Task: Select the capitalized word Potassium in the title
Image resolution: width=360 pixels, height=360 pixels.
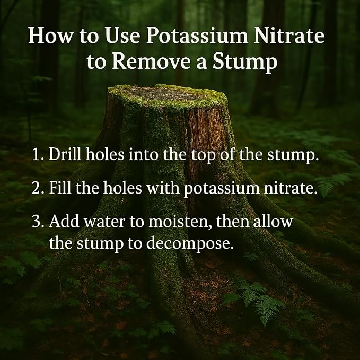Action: [197, 36]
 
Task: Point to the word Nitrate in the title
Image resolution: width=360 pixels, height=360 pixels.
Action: [289, 36]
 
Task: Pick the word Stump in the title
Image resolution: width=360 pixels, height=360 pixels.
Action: [245, 63]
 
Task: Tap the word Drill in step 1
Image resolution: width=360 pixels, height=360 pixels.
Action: [65, 154]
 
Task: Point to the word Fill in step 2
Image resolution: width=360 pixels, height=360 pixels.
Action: [60, 187]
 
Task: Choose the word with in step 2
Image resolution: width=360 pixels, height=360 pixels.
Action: [163, 187]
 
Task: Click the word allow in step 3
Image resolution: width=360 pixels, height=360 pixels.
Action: [273, 221]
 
